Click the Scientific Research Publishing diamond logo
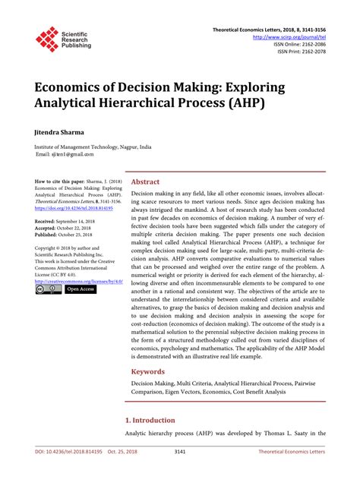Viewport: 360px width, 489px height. click(47, 39)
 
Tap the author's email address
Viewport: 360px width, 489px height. click(65, 154)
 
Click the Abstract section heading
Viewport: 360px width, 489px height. click(146, 182)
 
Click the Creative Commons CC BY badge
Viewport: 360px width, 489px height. click(48, 289)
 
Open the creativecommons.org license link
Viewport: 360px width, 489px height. click(78, 281)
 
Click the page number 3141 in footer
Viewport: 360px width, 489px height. click(179, 472)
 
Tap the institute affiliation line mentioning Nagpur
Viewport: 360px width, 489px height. click(93, 147)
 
